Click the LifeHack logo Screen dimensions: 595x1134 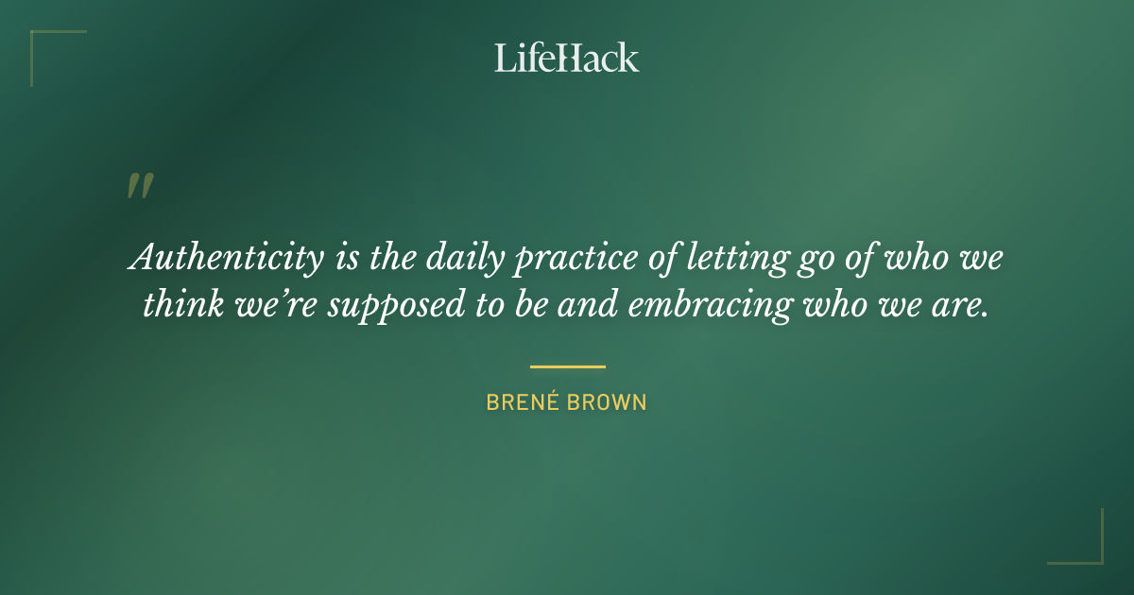click(x=567, y=58)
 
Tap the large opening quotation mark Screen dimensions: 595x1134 click(x=139, y=186)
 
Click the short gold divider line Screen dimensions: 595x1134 click(x=567, y=366)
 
